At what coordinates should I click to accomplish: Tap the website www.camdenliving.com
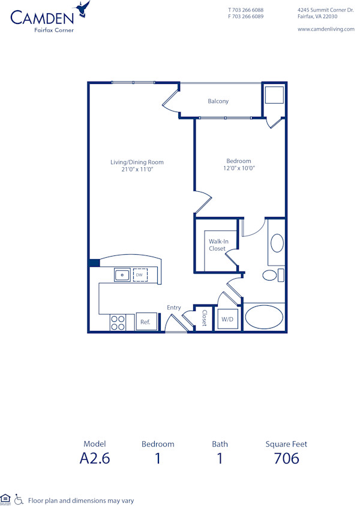(x=326, y=29)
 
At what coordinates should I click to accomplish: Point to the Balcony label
(x=218, y=101)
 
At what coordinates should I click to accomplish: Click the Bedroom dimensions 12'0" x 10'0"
(x=238, y=168)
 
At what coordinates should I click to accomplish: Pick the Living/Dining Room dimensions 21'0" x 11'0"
(x=137, y=170)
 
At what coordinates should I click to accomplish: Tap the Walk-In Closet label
(x=217, y=245)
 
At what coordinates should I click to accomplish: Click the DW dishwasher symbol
(x=140, y=275)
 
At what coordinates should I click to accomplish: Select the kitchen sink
(x=122, y=275)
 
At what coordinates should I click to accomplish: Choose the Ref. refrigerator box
(x=145, y=322)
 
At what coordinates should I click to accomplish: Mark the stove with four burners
(x=118, y=323)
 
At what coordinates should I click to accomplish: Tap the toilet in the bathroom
(x=271, y=275)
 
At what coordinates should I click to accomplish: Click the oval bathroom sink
(x=277, y=243)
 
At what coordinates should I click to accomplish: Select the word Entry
(x=174, y=308)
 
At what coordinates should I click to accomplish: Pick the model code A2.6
(x=95, y=459)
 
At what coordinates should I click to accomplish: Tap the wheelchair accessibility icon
(x=19, y=499)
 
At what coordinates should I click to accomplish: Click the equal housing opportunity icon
(x=6, y=498)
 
